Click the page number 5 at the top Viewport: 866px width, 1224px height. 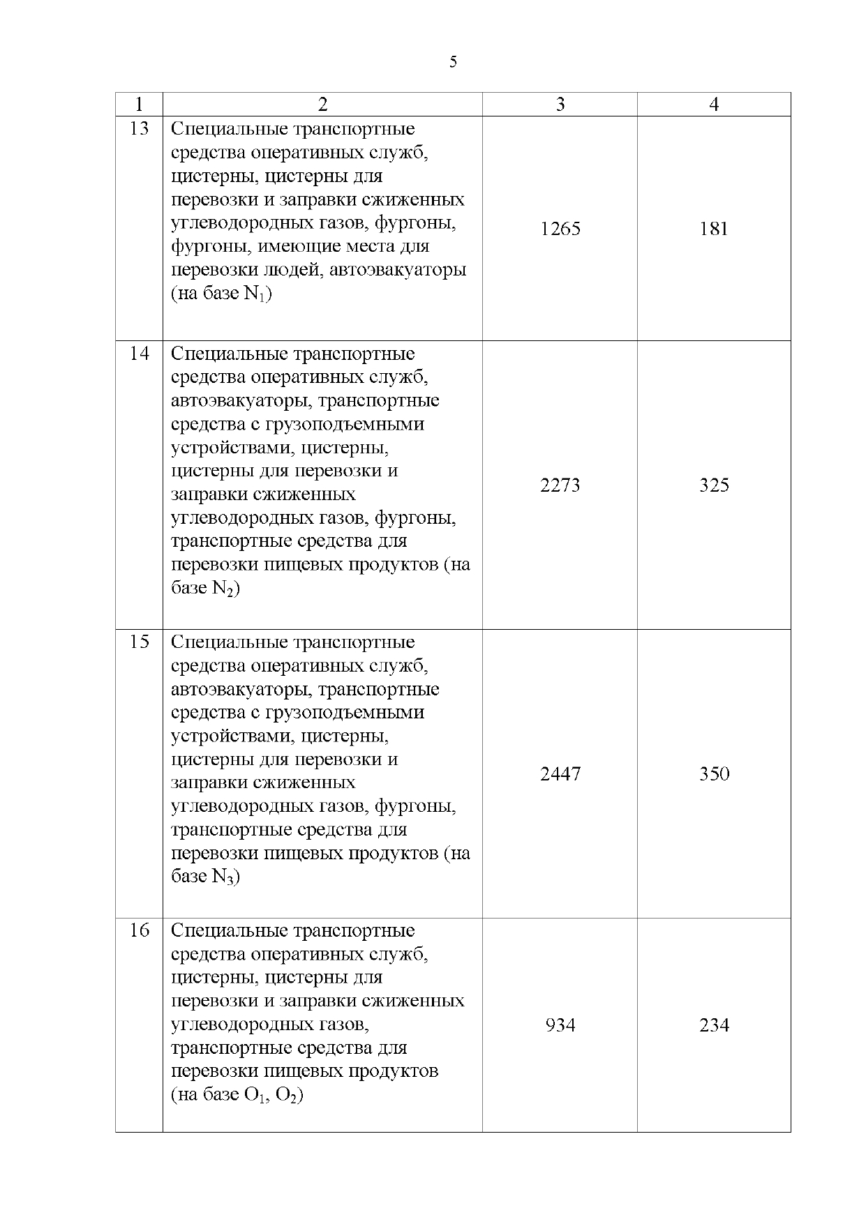coord(454,63)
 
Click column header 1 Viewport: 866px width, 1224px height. coord(139,105)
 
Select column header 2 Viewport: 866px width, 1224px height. coord(322,105)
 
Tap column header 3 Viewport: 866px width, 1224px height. coord(560,105)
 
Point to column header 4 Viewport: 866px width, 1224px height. coord(714,105)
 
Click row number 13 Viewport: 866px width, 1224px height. coord(140,129)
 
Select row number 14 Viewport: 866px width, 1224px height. coord(140,354)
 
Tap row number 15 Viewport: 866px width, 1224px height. coord(140,642)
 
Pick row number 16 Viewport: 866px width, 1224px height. coord(140,930)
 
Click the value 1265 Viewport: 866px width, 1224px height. coord(560,229)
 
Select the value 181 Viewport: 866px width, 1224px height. coord(714,229)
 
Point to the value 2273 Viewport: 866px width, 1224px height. coord(560,485)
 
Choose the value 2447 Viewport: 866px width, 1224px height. coord(560,774)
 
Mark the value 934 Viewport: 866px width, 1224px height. coord(560,1025)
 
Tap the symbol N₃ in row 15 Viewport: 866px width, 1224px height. coord(223,877)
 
